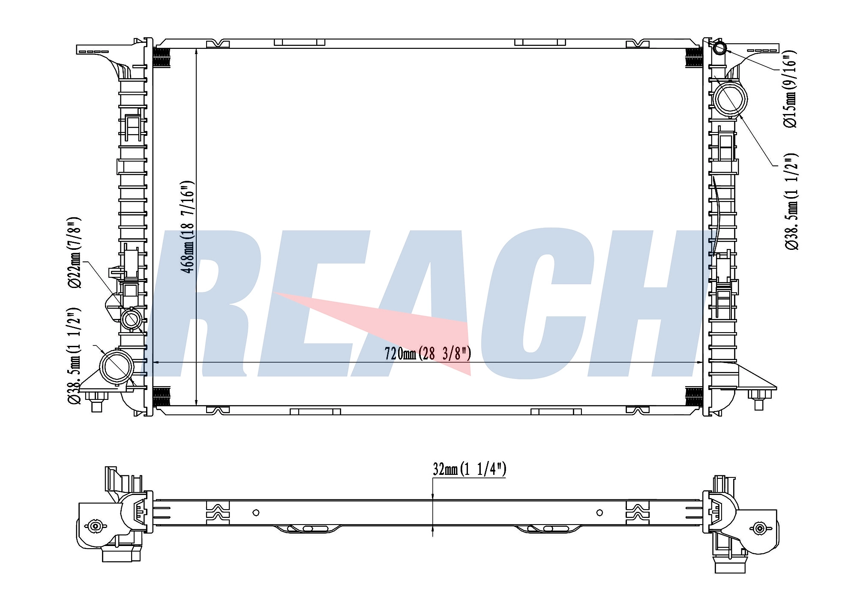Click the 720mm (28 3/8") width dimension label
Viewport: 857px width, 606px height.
tap(428, 354)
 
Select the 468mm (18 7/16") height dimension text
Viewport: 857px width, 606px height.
tap(188, 227)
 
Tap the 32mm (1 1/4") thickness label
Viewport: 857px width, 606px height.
tap(469, 469)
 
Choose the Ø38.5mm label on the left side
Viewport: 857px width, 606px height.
tap(74, 355)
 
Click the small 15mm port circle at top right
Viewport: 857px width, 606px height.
tap(720, 48)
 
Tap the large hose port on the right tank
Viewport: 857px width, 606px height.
tap(730, 99)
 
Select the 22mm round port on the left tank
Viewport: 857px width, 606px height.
tap(132, 319)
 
